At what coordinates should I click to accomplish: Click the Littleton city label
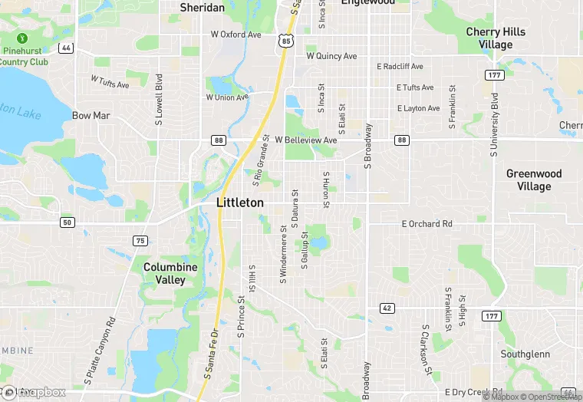[240, 203]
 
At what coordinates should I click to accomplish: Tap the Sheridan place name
[202, 8]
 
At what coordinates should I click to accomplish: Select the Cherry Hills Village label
[496, 38]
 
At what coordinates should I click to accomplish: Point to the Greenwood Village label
[534, 180]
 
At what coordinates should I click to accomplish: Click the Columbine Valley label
[170, 274]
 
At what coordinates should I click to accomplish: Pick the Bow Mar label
[91, 115]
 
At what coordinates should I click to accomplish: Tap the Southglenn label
[525, 354]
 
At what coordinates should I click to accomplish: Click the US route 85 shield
[287, 41]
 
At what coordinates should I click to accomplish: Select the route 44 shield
[66, 48]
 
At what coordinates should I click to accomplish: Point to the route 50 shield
[68, 222]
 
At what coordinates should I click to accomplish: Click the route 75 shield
[140, 241]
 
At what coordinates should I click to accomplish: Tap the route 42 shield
[386, 308]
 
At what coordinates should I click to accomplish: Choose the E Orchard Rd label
[427, 224]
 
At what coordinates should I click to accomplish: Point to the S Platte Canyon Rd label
[102, 348]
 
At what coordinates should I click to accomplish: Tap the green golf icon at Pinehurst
[23, 38]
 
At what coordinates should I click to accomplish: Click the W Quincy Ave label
[331, 56]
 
